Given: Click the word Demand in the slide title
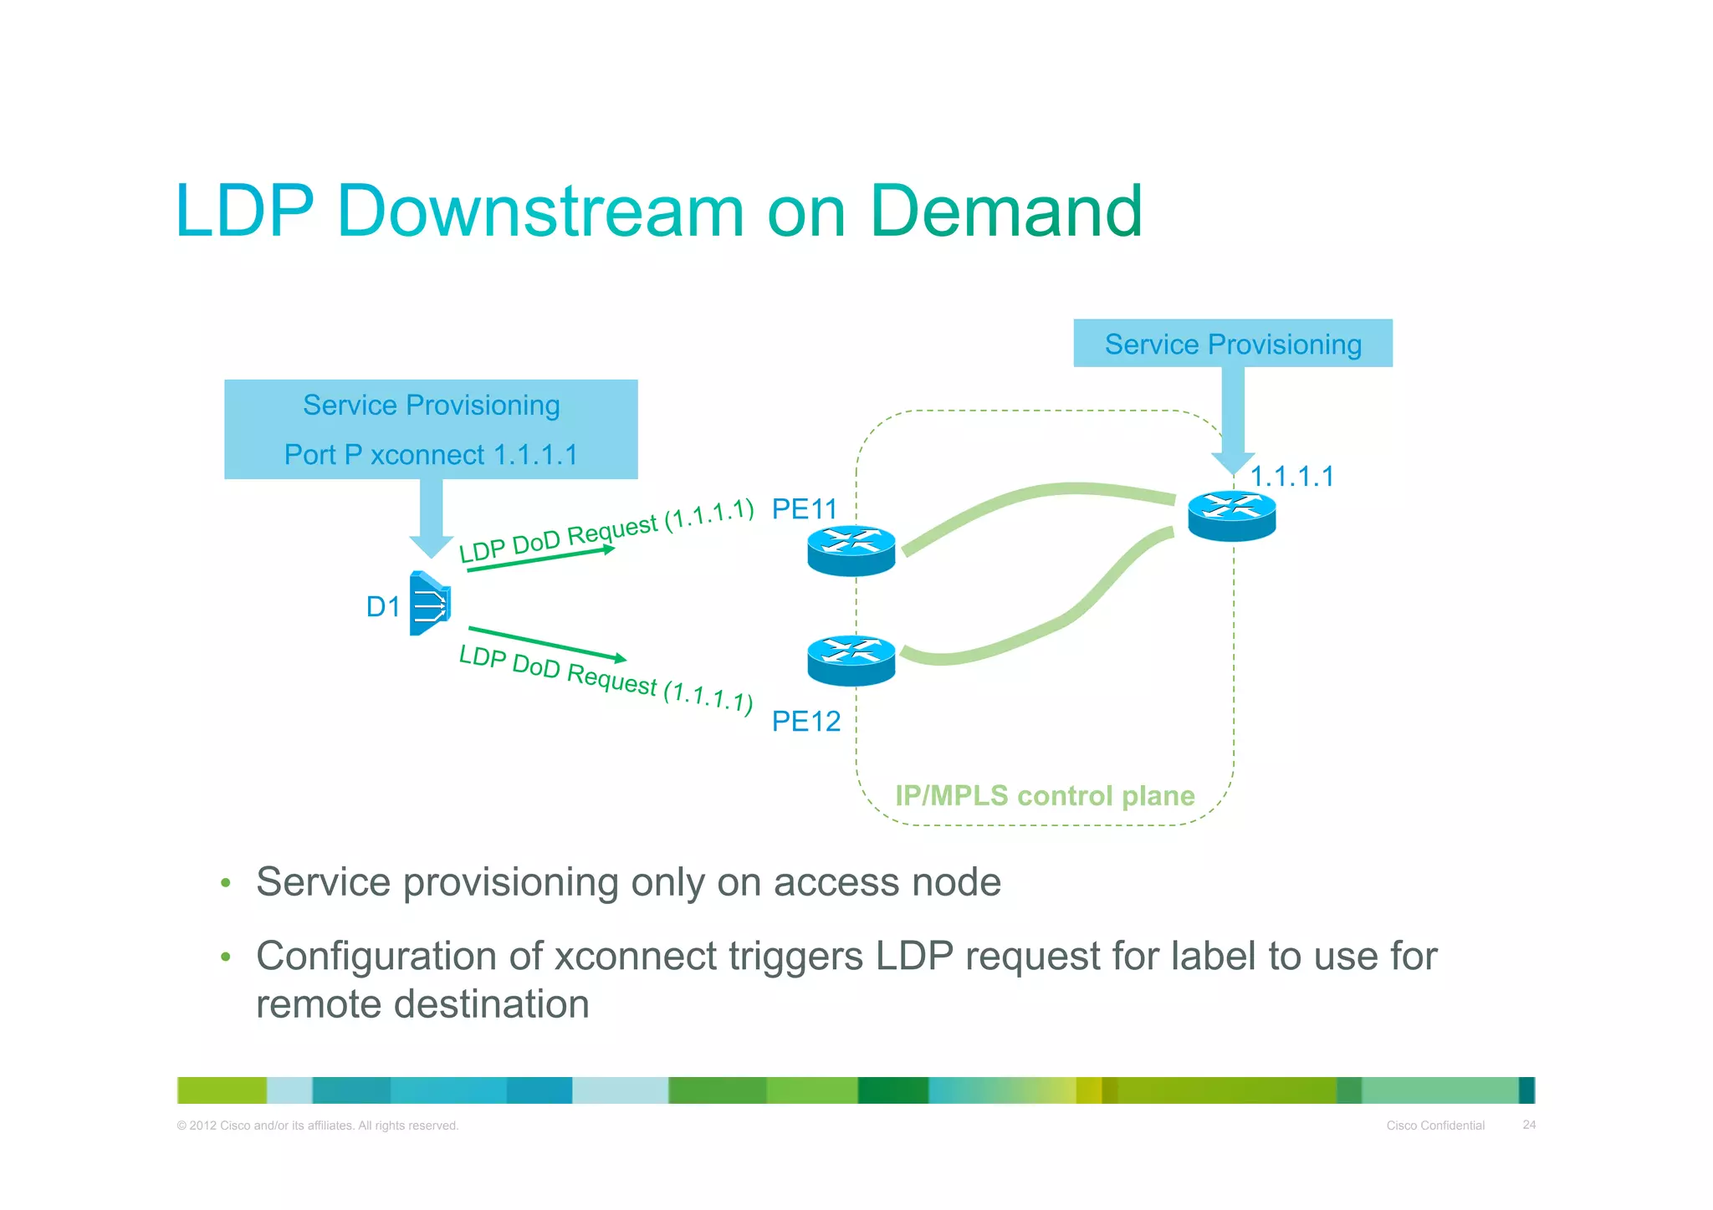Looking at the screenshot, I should [x=1005, y=211].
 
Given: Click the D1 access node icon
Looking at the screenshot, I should [x=430, y=603].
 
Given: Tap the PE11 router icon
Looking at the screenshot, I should [x=851, y=550].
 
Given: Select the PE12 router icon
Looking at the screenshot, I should [x=851, y=661].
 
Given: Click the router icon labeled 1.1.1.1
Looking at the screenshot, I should [x=1231, y=515].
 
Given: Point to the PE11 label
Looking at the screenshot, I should [x=804, y=508].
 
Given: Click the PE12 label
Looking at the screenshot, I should [x=805, y=721].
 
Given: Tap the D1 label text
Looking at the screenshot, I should [x=383, y=606].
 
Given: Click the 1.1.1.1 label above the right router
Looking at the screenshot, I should [x=1291, y=477].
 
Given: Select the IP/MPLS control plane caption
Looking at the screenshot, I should [x=1044, y=795].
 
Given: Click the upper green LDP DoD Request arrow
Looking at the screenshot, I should [x=540, y=559].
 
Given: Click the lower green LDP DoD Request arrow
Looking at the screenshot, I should [x=547, y=643].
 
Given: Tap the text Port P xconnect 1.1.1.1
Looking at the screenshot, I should [x=431, y=455].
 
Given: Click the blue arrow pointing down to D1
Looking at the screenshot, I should [x=432, y=517].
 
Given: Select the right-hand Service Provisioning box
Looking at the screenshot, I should [x=1232, y=344].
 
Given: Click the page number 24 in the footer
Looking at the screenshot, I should [x=1528, y=1125].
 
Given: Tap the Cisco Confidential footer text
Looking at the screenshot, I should [x=1435, y=1126].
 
